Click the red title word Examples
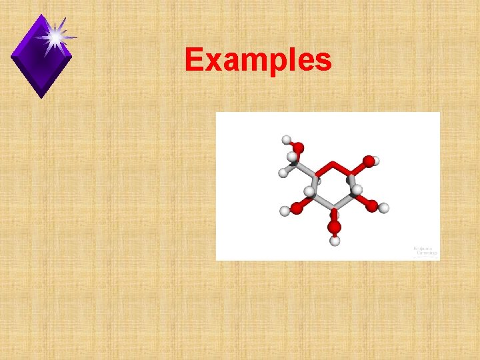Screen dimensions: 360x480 [x=258, y=60]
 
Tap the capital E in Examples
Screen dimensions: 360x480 [x=194, y=59]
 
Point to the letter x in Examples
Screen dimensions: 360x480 [x=211, y=61]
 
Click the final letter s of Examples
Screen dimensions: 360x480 [x=323, y=61]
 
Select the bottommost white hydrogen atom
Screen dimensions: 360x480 [x=335, y=241]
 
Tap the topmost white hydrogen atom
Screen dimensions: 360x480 [x=286, y=140]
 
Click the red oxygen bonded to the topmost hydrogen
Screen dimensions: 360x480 [x=299, y=147]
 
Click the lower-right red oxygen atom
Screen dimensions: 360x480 [x=371, y=205]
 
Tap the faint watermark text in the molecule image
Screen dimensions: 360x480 [x=425, y=251]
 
